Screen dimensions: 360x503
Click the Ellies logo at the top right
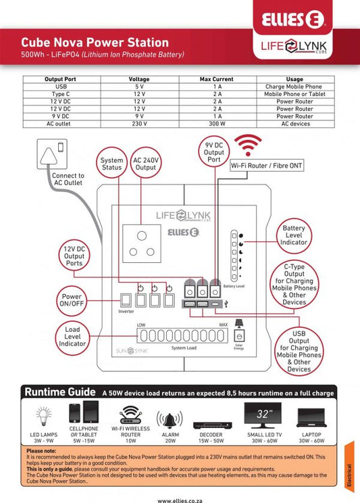click(x=293, y=19)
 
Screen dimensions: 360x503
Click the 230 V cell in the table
click(x=139, y=124)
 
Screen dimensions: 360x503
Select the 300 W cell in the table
click(x=217, y=124)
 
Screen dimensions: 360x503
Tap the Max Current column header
click(x=217, y=79)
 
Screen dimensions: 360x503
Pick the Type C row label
click(x=61, y=94)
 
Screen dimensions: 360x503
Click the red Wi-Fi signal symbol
click(x=248, y=145)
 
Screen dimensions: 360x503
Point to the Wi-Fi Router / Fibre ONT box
click(x=266, y=166)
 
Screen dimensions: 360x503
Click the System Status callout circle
click(x=111, y=164)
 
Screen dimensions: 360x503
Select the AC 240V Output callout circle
click(x=146, y=164)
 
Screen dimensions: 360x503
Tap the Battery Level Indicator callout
click(x=294, y=235)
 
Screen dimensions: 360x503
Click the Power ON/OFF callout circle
click(x=72, y=301)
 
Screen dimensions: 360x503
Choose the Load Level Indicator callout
click(x=72, y=337)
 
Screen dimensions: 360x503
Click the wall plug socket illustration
click(x=52, y=154)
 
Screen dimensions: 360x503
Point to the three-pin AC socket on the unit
click(x=142, y=243)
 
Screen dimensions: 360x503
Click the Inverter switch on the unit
click(x=126, y=300)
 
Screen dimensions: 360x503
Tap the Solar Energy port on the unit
click(x=239, y=336)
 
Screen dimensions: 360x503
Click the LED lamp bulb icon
click(x=44, y=415)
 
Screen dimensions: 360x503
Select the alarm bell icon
click(x=170, y=419)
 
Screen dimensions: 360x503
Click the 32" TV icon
click(x=263, y=415)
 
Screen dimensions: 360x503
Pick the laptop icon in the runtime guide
click(x=311, y=418)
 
